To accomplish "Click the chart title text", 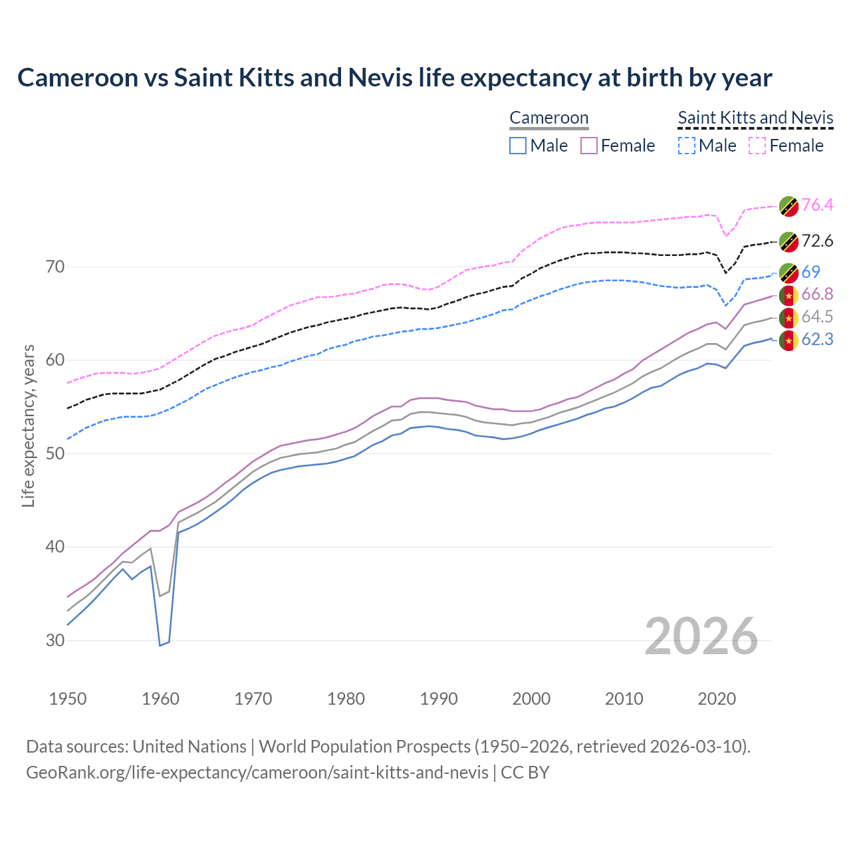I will point(394,78).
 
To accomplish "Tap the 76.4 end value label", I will point(817,205).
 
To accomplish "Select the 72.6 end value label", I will point(817,241).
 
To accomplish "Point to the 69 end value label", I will point(810,272).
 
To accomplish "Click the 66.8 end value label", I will point(817,295).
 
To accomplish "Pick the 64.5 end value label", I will point(817,317).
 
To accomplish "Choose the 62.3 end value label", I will point(817,340).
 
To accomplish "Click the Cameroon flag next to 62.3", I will point(789,340).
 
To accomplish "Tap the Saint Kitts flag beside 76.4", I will point(789,206).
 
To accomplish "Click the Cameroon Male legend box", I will point(518,146).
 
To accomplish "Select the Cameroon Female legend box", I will point(589,146).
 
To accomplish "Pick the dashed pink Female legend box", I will point(757,146).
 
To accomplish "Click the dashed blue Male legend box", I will point(686,146).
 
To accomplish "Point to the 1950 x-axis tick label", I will point(68,699).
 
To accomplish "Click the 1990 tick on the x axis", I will point(439,699).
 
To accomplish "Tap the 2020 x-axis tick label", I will point(717,699).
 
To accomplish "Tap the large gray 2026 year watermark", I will point(701,636).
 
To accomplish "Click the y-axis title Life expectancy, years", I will point(29,425).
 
